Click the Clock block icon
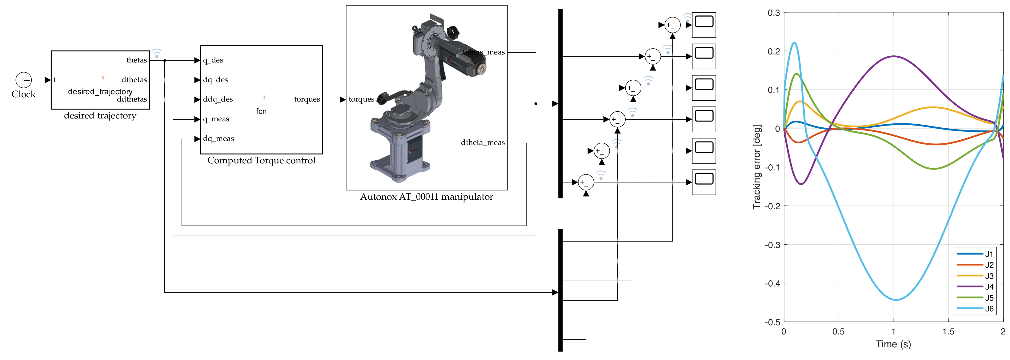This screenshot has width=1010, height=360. pos(23,80)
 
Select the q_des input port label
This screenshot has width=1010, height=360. pos(213,60)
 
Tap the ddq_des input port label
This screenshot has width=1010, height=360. pos(218,99)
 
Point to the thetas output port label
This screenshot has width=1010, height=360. pos(136,60)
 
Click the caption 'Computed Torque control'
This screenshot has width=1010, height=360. pos(261,160)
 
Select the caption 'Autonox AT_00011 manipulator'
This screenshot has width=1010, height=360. pos(427,197)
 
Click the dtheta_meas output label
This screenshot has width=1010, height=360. pos(483,143)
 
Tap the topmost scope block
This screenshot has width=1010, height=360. pos(704,25)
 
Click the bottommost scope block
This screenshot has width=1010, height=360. pos(704,182)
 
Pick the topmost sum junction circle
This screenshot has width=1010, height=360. pos(672,25)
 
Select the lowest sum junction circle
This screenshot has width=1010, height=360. pos(586,182)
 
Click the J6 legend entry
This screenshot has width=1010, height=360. pos(976,309)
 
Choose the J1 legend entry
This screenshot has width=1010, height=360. pos(976,254)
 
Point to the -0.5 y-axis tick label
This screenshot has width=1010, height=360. pos(772,322)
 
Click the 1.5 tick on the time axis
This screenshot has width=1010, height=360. pos(948,332)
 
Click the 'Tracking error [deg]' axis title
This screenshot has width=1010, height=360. pos(756,167)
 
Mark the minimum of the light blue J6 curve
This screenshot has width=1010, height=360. pos(896,300)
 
